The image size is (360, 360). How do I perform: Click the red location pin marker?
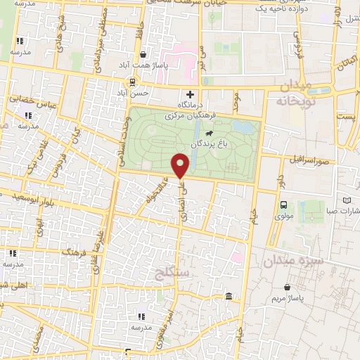181,166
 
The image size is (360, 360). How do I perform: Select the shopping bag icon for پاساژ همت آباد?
143,54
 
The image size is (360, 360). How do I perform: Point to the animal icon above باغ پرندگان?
209,132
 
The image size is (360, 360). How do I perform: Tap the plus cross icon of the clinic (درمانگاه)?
189,94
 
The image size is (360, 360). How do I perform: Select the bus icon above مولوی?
283,205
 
